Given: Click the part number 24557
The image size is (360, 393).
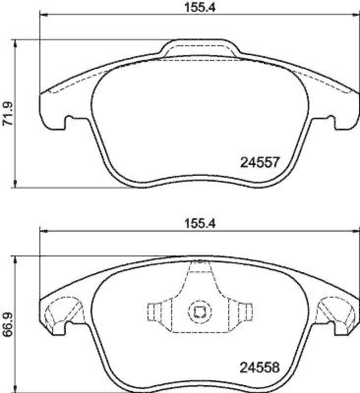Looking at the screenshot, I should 260,162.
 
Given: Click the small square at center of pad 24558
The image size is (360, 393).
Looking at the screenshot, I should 199,311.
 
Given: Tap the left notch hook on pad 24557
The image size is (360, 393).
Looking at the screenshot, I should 69,119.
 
